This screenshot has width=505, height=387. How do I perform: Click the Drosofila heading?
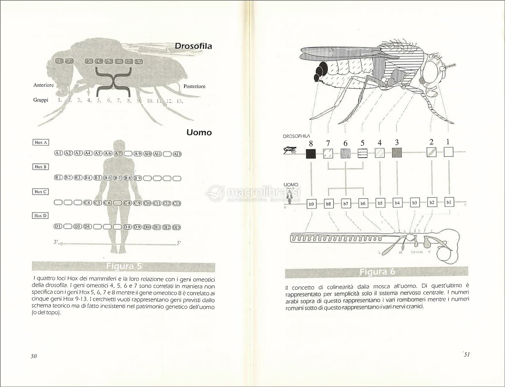click(193, 46)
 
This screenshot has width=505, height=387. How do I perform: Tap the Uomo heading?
click(199, 132)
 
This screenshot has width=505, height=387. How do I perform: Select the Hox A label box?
click(41, 142)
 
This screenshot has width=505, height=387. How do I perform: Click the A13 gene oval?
click(177, 154)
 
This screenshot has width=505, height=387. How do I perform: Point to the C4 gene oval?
click(88, 203)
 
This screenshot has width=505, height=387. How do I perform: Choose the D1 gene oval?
click(58, 227)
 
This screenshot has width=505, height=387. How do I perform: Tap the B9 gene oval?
click(137, 178)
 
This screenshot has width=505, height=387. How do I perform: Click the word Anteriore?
click(44, 85)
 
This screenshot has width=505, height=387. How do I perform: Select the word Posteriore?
click(194, 86)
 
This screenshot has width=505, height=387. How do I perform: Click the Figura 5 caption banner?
click(124, 267)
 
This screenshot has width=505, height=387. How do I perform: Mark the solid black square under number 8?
click(311, 154)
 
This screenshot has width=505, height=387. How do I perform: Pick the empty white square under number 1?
click(448, 152)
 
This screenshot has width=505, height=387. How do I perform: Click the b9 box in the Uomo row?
click(311, 204)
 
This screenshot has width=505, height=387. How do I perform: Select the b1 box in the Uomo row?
click(449, 202)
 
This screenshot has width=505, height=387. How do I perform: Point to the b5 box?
click(380, 203)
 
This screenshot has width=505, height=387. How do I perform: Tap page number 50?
click(34, 356)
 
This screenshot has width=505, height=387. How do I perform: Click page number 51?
click(467, 354)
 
